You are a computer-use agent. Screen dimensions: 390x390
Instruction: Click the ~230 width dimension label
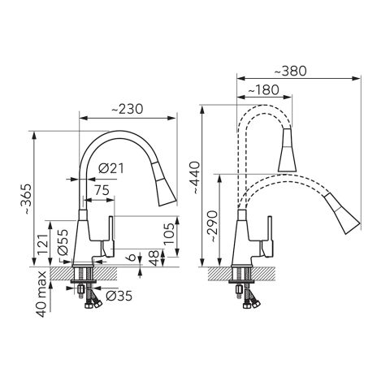coord(127,109)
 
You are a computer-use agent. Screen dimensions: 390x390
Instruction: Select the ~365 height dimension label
coord(28,199)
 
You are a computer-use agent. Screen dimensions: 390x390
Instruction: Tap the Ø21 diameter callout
coord(111,169)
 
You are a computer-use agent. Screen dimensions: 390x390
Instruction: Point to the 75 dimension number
coord(102,190)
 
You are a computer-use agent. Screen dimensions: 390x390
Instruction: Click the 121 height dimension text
coord(43,244)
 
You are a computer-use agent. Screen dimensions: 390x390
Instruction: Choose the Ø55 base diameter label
coord(63,242)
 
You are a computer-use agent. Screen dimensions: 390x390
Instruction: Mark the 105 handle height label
coord(169,233)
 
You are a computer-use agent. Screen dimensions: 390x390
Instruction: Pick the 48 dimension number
coord(154,258)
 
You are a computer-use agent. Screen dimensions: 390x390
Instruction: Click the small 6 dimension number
coord(132,257)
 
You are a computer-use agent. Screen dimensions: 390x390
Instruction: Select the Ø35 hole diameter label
coord(119,296)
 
